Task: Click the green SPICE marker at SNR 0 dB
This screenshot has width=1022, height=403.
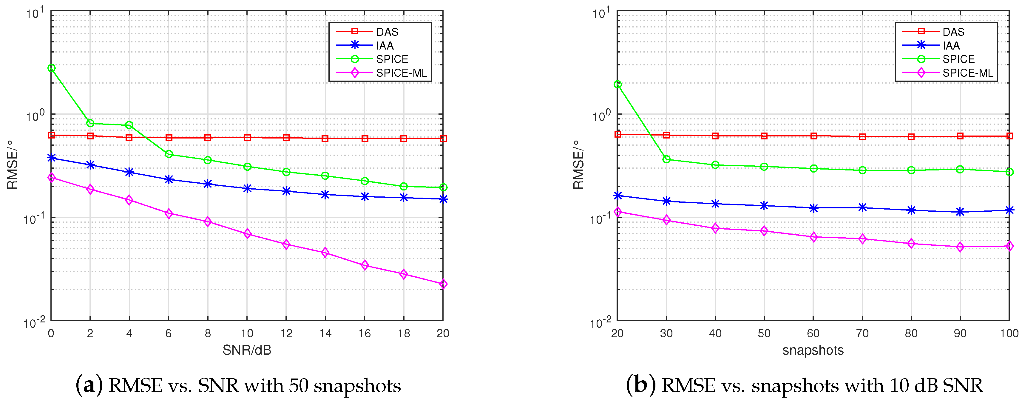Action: coord(51,68)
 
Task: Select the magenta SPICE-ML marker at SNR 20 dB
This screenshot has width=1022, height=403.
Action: coord(443,284)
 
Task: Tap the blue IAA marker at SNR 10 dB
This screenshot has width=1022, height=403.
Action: coord(247,189)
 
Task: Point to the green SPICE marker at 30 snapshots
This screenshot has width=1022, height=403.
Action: coord(666,160)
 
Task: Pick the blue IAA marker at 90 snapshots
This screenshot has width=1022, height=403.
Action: coord(960,212)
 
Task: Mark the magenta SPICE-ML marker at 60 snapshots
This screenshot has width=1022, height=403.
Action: coord(813,237)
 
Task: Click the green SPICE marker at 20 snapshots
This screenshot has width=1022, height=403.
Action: coord(618,84)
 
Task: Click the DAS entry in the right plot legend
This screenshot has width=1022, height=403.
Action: coord(953,32)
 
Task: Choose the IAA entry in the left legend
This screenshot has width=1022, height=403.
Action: coord(385,46)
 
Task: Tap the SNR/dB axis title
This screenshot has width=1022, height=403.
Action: coord(247,350)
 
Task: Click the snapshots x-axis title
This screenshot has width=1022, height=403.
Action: coord(813,350)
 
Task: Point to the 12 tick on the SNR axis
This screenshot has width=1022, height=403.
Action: coord(286,333)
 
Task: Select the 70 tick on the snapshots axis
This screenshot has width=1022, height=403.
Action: coord(862,333)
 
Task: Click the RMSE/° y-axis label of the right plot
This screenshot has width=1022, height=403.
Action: coord(578,165)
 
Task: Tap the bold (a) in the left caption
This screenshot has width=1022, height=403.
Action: coord(89,385)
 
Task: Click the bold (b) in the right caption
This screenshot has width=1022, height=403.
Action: coord(641,385)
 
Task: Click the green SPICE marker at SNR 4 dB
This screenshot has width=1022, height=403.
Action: coord(129,125)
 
